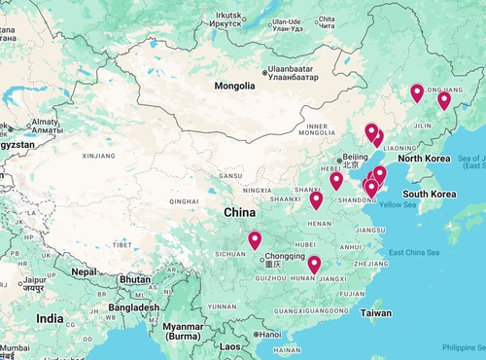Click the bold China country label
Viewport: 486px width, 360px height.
241,212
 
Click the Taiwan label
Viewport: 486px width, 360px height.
376,313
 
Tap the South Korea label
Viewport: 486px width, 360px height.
430,194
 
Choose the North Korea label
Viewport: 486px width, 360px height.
424,159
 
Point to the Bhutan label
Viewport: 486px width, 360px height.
135,279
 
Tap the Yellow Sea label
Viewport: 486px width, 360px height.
397,204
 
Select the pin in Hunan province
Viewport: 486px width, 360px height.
314,264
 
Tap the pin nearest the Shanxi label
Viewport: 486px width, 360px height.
336,181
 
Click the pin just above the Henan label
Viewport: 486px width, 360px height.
316,200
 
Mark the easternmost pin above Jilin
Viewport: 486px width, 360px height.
444,100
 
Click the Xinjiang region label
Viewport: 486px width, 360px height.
98,155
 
